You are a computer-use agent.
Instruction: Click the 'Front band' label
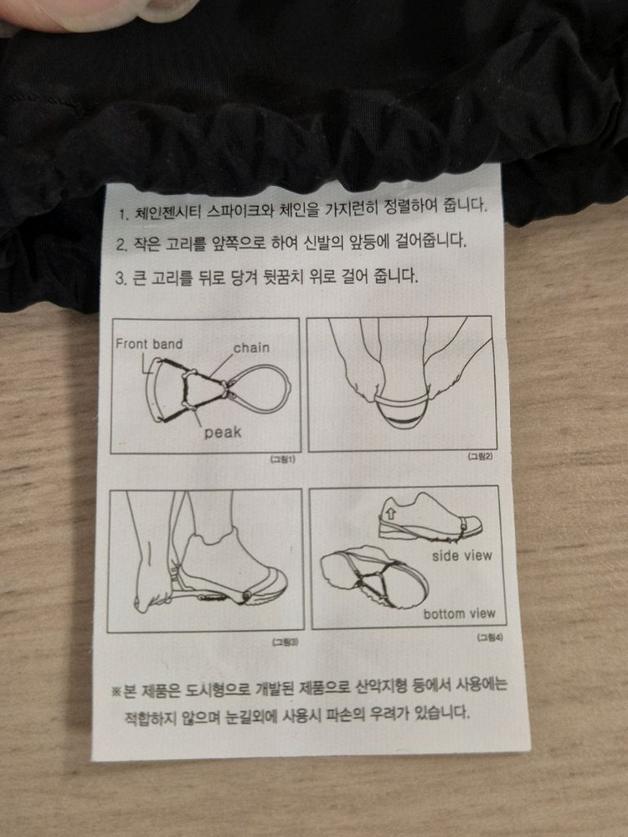pos(149,344)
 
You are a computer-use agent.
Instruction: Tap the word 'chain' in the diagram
pos(251,347)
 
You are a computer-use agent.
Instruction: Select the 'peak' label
pos(223,432)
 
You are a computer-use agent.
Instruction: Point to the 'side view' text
pos(462,556)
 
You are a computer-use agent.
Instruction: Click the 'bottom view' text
pos(459,614)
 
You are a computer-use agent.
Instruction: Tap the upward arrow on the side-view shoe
pos(390,513)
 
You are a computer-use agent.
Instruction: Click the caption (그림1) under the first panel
pos(283,459)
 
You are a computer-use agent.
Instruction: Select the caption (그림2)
pos(480,456)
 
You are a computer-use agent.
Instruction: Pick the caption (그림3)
pos(286,642)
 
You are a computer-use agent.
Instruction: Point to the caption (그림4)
pos(490,637)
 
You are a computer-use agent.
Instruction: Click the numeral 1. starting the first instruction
pos(123,214)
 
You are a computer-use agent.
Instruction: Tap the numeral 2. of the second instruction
pos(121,245)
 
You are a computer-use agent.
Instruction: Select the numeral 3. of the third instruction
pos(121,278)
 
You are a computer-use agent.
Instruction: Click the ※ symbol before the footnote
pos(116,692)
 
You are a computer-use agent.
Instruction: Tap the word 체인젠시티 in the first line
pos(167,212)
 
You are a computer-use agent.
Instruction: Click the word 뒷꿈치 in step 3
pos(286,277)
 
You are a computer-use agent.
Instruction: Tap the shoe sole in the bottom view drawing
pos(373,577)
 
